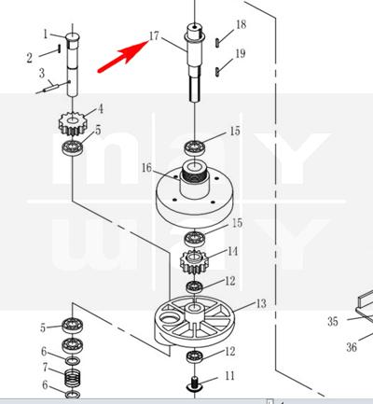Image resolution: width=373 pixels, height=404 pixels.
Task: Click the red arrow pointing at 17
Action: tap(122, 56)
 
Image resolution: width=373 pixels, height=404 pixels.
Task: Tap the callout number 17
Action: tap(154, 36)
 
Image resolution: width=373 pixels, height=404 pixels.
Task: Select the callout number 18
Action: tap(242, 24)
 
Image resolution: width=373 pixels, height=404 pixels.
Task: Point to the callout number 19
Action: tap(241, 53)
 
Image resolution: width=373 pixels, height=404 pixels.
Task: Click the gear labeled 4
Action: tap(72, 124)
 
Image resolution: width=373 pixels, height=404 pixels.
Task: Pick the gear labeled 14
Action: tap(194, 261)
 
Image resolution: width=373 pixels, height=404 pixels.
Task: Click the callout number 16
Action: tap(146, 168)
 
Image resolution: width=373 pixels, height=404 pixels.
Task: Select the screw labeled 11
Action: tap(194, 384)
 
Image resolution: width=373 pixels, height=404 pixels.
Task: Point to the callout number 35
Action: tap(333, 321)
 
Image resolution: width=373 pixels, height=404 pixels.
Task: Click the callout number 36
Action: tap(352, 347)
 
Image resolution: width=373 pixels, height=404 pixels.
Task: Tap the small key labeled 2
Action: tap(59, 49)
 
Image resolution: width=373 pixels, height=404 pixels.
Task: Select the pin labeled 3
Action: tap(50, 88)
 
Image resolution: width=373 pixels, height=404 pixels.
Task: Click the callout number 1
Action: tap(46, 35)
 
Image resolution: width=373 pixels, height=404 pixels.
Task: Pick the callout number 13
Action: tap(261, 303)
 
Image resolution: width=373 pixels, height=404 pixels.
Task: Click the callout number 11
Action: tap(229, 376)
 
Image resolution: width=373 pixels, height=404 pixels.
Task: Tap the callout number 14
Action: tap(233, 251)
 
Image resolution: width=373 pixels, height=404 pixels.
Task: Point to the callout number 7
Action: tap(46, 368)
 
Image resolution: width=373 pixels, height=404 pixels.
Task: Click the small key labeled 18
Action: tap(217, 43)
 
